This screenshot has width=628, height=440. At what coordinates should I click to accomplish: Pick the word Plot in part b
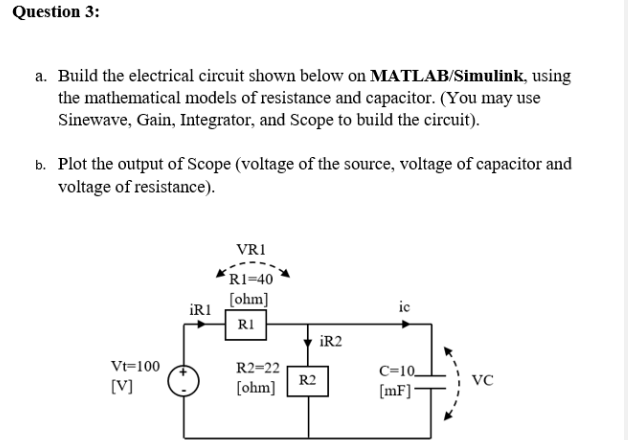[x=76, y=164]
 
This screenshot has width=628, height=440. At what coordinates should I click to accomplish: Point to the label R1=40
[x=250, y=279]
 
